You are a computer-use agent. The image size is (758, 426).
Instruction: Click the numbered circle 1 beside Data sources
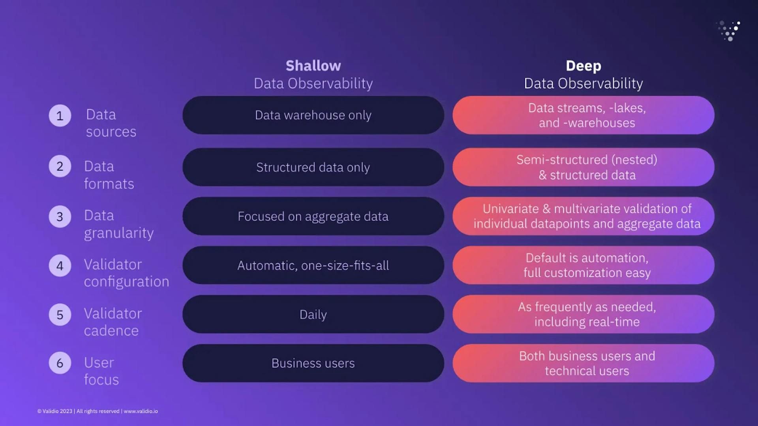point(60,115)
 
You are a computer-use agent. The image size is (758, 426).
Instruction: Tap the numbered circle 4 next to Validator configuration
point(60,266)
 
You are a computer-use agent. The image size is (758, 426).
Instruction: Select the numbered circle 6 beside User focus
point(60,363)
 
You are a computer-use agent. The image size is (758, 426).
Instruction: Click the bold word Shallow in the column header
point(313,66)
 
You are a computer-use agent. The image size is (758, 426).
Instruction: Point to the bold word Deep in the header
point(583,66)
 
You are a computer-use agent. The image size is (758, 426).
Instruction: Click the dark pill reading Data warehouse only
point(313,115)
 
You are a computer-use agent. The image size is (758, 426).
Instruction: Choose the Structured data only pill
point(313,167)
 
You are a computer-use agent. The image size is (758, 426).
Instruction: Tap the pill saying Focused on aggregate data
point(313,216)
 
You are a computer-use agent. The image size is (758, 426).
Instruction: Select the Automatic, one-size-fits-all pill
point(313,265)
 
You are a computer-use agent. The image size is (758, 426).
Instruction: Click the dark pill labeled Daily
point(313,314)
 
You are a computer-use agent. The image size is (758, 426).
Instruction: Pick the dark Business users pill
point(313,363)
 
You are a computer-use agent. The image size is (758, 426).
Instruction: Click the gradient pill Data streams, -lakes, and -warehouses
point(583,115)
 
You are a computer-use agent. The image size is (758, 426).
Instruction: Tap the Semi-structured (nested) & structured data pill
point(583,167)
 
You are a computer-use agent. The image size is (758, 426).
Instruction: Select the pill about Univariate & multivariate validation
point(583,216)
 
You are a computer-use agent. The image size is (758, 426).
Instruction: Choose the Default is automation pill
point(583,265)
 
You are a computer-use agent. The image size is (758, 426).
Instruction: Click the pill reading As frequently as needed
point(583,314)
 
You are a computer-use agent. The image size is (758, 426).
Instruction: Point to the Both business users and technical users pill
point(583,363)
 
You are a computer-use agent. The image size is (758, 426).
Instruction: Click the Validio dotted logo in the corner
point(729,31)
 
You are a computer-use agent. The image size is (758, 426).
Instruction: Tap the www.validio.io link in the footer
point(141,411)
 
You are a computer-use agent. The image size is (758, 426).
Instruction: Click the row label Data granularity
point(118,224)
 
